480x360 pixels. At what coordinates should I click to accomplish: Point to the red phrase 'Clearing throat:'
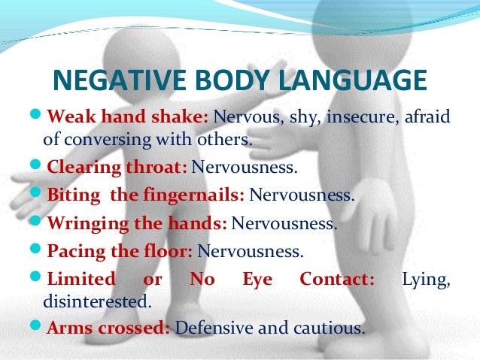click(117, 166)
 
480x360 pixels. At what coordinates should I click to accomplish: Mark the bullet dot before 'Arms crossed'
click(38, 327)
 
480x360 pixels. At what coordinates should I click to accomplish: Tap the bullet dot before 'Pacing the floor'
click(38, 250)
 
